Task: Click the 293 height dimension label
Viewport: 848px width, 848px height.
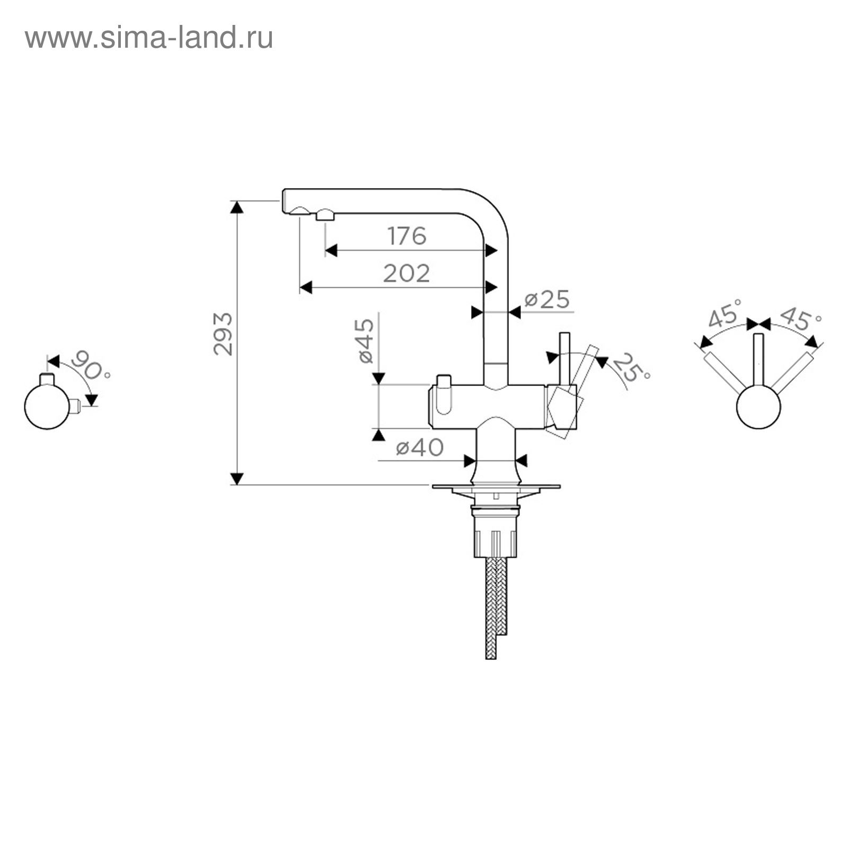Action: click(223, 334)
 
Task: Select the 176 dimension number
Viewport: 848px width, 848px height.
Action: click(407, 236)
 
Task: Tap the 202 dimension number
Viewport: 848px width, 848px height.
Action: click(407, 273)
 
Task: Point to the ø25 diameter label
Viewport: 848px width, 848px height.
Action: click(547, 299)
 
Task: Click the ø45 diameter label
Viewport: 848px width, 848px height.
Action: click(366, 341)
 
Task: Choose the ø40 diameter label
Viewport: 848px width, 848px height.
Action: click(420, 448)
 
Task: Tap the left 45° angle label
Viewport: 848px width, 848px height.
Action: click(725, 313)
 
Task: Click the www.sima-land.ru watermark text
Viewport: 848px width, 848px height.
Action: click(149, 38)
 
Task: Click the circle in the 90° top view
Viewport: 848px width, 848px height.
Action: click(47, 407)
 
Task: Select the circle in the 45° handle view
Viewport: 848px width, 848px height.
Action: click(758, 407)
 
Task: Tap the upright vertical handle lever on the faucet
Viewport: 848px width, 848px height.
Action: click(565, 358)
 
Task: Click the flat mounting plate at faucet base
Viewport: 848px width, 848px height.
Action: click(496, 486)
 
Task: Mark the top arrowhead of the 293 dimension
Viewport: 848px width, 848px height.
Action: click(237, 207)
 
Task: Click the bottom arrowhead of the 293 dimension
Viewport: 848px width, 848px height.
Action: click(237, 479)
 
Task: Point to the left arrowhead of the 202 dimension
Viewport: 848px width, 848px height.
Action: click(306, 287)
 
